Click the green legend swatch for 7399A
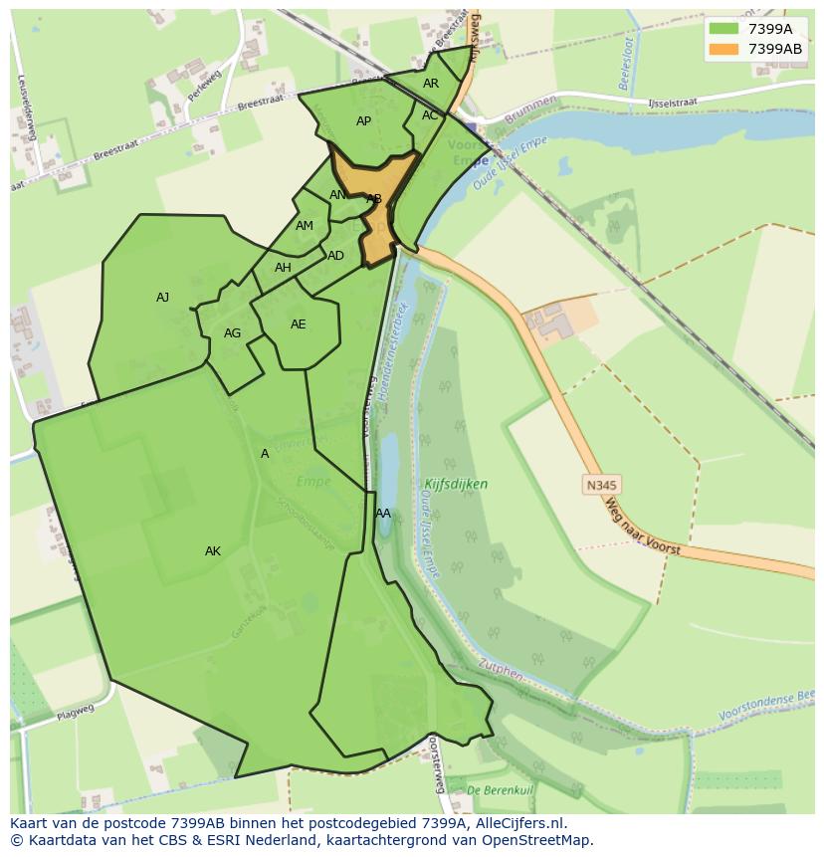click(x=724, y=29)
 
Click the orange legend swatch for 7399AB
click(x=724, y=48)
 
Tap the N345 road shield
click(x=601, y=485)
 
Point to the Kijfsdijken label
click(x=456, y=485)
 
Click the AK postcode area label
click(x=213, y=551)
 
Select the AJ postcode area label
click(x=162, y=298)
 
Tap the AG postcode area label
click(x=232, y=333)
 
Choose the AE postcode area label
click(x=298, y=324)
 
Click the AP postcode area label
click(x=363, y=121)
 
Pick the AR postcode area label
click(x=431, y=84)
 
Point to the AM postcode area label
click(x=305, y=226)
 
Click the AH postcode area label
click(x=283, y=268)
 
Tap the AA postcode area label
click(x=383, y=514)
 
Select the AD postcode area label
click(x=335, y=256)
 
